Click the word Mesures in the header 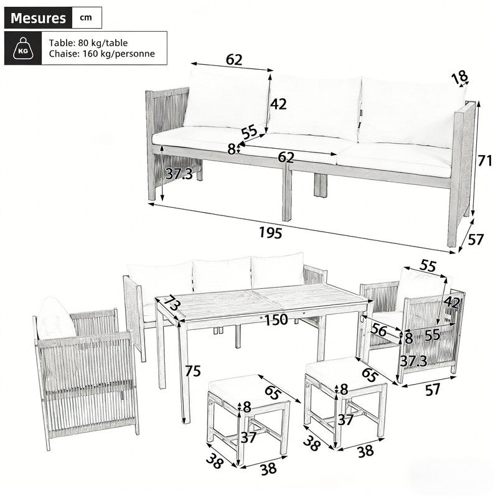pos(38,18)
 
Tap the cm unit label pos(86,18)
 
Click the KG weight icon pos(23,49)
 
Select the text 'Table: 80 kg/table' pos(88,42)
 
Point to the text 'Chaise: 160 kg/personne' pos(102,54)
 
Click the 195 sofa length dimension pos(271,233)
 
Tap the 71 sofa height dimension pos(485,161)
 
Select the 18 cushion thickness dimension pos(460,77)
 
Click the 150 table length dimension pos(276,320)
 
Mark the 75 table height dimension pos(193,370)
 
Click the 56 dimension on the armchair pos(379,331)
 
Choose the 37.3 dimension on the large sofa pos(179,174)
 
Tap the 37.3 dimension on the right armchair pos(413,361)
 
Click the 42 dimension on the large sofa pos(278,104)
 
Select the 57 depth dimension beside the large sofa pos(476,240)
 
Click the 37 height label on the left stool pos(248,438)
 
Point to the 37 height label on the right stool pos(345,420)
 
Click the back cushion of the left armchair pos(56,317)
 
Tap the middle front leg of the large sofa pos(286,192)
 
